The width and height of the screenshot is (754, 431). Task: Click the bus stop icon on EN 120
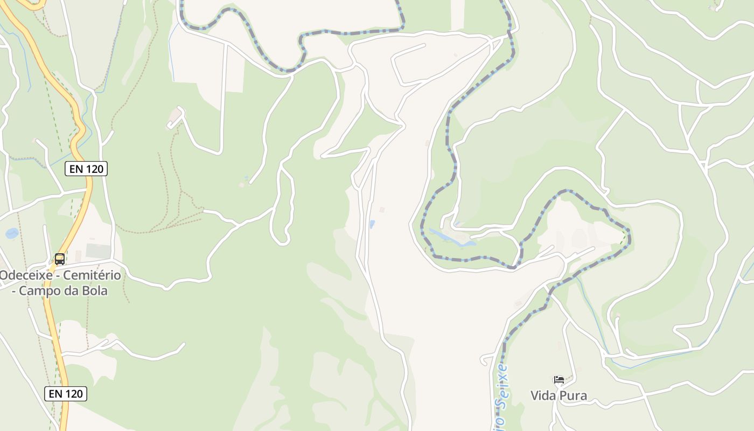(x=60, y=259)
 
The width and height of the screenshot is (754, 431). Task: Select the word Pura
(x=574, y=396)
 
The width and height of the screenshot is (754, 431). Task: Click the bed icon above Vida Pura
(x=559, y=380)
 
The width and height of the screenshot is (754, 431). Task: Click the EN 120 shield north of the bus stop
(x=86, y=169)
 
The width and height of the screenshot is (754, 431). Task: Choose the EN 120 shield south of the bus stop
(x=66, y=394)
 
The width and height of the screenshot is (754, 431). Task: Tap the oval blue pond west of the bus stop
(x=11, y=233)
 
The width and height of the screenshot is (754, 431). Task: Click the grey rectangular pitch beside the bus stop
(x=98, y=251)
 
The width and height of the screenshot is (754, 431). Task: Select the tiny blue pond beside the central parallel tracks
(x=372, y=224)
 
